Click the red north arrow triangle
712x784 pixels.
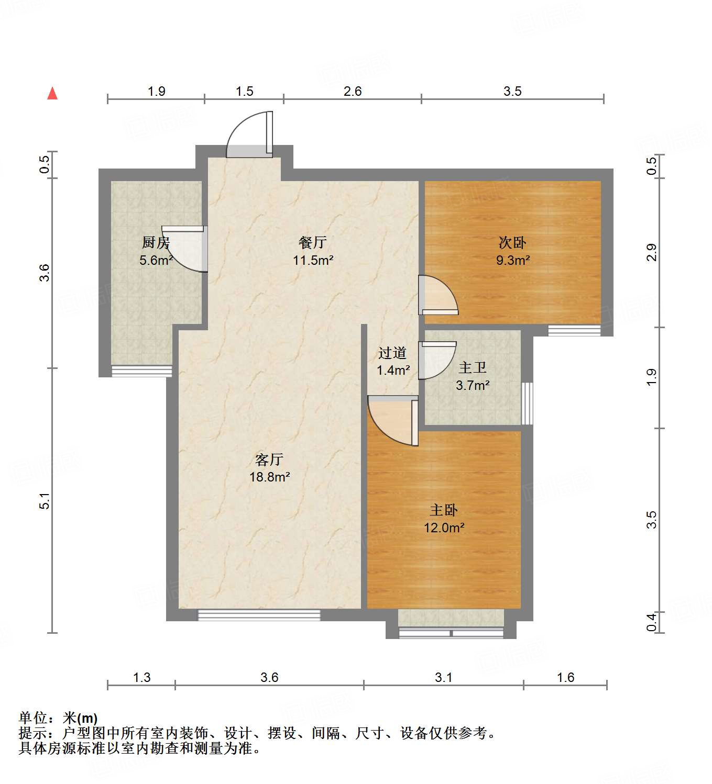click(52, 94)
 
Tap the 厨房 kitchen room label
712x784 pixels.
click(156, 243)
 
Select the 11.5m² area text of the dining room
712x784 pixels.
click(313, 260)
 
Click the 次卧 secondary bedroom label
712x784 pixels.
click(512, 243)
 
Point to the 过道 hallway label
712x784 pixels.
click(392, 353)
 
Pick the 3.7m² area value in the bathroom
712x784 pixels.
click(473, 386)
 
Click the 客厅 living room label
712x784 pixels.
click(269, 460)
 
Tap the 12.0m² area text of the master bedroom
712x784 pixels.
click(444, 528)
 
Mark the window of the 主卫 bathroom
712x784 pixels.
click(527, 403)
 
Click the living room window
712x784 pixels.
click(259, 615)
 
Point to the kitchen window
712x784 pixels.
click(142, 371)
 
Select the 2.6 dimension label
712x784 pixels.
click(353, 91)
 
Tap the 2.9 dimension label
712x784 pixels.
click(651, 252)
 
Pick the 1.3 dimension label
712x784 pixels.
click(141, 677)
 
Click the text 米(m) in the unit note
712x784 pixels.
click(80, 718)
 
